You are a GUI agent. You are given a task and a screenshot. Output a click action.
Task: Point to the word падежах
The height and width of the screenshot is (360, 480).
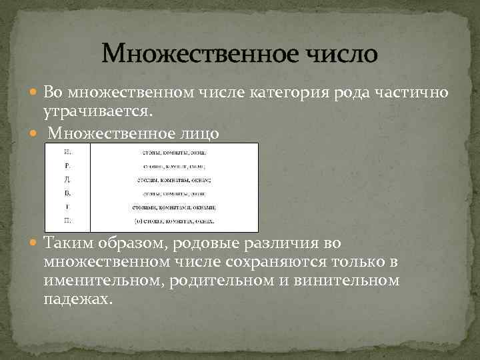click(x=75, y=298)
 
